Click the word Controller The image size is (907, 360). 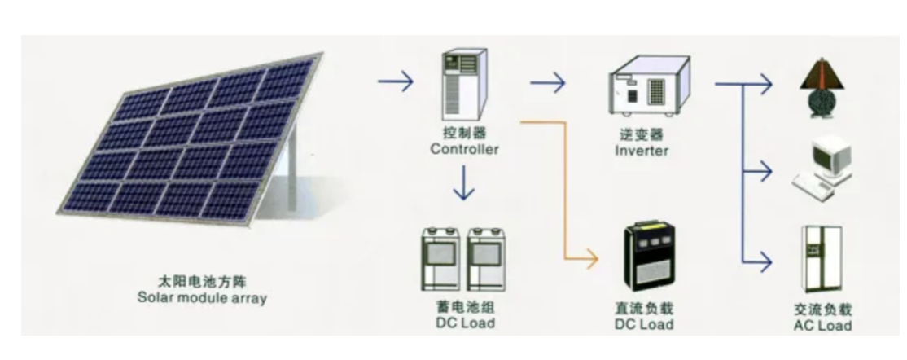click(464, 149)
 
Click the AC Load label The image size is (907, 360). click(822, 325)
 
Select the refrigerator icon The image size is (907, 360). click(822, 259)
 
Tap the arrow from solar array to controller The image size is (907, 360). click(396, 82)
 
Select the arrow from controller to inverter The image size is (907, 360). click(547, 82)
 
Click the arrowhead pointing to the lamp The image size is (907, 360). click(765, 82)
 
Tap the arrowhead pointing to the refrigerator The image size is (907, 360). click(765, 262)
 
